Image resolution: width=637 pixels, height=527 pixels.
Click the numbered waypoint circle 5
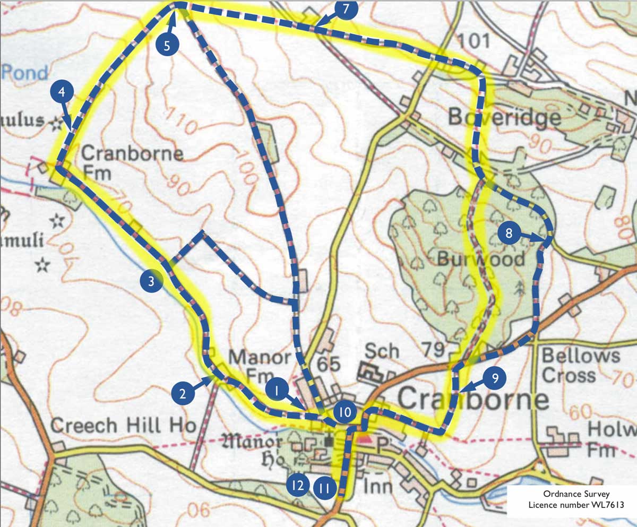(x=167, y=45)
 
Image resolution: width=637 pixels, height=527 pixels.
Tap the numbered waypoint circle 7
(x=346, y=10)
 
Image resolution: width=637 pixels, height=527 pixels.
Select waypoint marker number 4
(x=62, y=92)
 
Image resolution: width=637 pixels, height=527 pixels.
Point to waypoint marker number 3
(x=151, y=282)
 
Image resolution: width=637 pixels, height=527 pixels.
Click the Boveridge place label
(x=504, y=116)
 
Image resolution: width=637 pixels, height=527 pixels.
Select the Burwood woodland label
(x=480, y=259)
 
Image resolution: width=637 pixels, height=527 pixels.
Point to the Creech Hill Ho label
(x=123, y=425)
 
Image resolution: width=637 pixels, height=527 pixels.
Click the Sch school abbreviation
(x=382, y=351)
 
